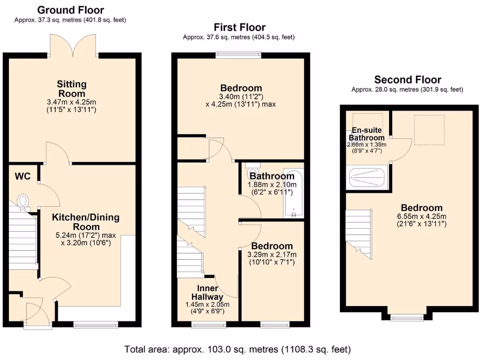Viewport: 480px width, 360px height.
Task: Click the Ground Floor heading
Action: (x=70, y=10)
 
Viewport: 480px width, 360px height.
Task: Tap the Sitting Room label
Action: (x=72, y=89)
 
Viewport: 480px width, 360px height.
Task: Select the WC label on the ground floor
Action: (x=22, y=176)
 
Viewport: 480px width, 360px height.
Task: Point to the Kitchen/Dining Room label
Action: (x=85, y=222)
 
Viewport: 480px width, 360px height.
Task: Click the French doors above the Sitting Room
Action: (x=72, y=45)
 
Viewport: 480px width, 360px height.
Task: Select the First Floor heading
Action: (x=239, y=27)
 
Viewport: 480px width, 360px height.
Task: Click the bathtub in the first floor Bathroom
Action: (x=293, y=192)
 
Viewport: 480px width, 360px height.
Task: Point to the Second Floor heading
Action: (x=407, y=80)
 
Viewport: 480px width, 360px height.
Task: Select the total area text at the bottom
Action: (x=237, y=349)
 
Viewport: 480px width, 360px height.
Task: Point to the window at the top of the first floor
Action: (x=238, y=55)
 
